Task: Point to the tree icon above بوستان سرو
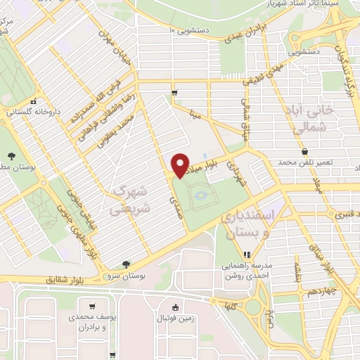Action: point(126,264)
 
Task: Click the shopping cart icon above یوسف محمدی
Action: point(92,307)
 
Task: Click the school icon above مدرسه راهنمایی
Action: point(246,255)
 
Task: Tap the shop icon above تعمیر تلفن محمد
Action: point(304,151)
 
